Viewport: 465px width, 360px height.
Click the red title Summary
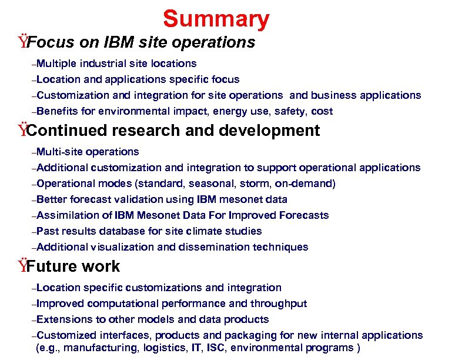pos(216,19)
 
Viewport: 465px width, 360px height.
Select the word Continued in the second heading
pos(69,131)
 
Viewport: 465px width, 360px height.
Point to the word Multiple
pos(56,63)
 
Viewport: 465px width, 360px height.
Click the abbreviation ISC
pos(223,348)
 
